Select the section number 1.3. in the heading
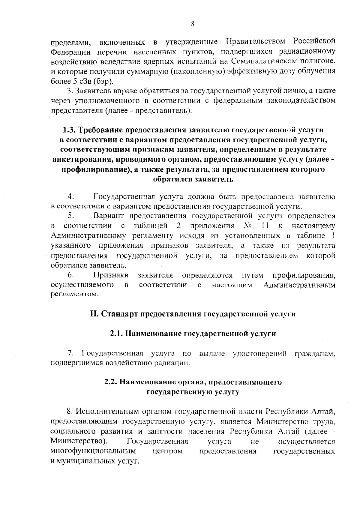point(70,130)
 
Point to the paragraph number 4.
point(71,197)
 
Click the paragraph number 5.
point(71,216)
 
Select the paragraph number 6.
point(71,275)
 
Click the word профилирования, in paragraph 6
point(304,275)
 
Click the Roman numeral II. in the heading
point(94,314)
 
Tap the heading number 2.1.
point(115,334)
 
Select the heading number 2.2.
point(111,382)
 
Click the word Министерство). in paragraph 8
point(79,441)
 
